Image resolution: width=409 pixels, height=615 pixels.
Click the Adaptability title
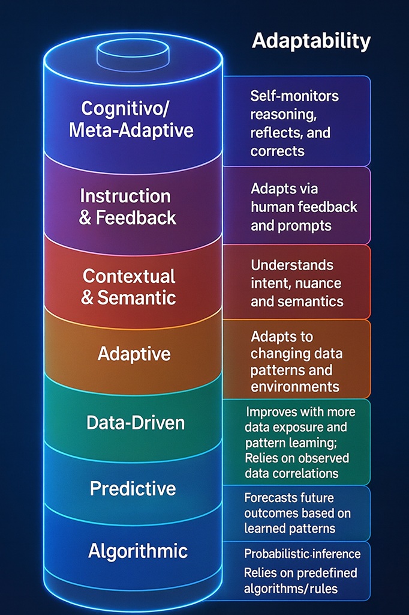point(311,41)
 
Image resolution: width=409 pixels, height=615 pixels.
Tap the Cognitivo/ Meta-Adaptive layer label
point(131,118)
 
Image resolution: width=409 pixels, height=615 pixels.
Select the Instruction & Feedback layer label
point(128,207)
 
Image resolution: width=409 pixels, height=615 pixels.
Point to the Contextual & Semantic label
point(129,286)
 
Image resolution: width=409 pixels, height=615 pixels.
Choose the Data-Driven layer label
point(136,423)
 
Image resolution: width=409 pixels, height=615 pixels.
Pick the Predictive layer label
point(133,488)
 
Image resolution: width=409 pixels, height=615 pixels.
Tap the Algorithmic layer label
point(138,551)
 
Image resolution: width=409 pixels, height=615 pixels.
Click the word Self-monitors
point(294,95)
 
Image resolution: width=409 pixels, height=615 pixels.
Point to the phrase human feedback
point(304,207)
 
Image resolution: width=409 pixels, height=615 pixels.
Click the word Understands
point(292,265)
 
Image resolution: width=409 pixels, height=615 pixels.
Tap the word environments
point(295,386)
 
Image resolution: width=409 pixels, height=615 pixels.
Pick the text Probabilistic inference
point(302,553)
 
